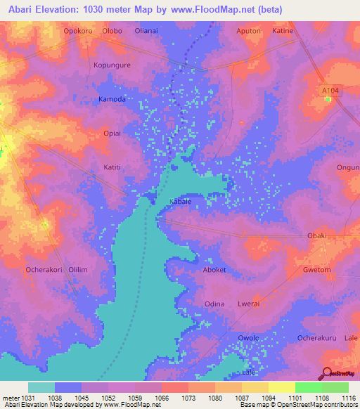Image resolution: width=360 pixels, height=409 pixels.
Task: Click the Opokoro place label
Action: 77,31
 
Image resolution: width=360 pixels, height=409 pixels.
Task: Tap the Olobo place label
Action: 112,31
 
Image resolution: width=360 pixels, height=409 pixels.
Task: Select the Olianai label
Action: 150,31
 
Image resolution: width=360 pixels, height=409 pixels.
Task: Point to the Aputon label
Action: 248,31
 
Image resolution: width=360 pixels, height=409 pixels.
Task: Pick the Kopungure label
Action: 112,65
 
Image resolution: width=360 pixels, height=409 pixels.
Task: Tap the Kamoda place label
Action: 112,99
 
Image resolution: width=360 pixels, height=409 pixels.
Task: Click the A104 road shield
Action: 329,90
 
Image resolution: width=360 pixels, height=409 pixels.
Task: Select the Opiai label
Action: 112,133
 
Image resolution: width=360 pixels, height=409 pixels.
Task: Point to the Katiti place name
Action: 112,167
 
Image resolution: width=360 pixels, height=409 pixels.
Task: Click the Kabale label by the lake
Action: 181,201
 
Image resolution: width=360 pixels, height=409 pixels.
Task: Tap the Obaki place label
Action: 317,235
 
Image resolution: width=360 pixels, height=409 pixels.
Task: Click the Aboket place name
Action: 214,270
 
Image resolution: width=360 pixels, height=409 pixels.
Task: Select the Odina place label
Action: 214,304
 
